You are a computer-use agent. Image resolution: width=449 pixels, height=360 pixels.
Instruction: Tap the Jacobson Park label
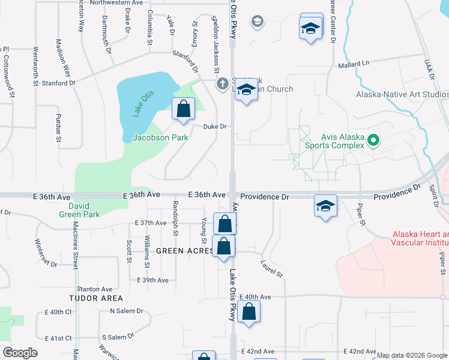coord(160,138)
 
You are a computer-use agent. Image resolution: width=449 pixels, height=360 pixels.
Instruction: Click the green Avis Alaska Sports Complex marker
coord(373,141)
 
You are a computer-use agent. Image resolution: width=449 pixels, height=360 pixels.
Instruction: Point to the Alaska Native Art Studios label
coord(402,95)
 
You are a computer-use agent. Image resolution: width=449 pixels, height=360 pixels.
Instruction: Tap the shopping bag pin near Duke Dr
coord(184,109)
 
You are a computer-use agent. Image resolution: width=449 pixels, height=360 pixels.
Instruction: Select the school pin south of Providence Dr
coord(325,207)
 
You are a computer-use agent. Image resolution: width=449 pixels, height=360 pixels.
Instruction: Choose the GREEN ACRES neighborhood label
coord(184,251)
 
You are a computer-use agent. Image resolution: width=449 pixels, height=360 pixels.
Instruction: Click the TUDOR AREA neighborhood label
coord(96,298)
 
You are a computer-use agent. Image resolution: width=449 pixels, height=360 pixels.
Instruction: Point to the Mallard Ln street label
coord(354,64)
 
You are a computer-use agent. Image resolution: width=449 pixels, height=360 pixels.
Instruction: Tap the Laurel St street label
coord(271,268)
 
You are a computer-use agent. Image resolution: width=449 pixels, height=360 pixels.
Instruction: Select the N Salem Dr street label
coord(127,311)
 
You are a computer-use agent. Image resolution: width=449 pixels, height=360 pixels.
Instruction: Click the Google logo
coord(20,353)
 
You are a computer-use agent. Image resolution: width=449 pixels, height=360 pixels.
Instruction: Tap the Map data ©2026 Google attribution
coord(412,355)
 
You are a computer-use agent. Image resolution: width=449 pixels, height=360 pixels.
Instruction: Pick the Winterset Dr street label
coord(46,252)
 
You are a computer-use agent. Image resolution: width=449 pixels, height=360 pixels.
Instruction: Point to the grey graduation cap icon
coord(258,22)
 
